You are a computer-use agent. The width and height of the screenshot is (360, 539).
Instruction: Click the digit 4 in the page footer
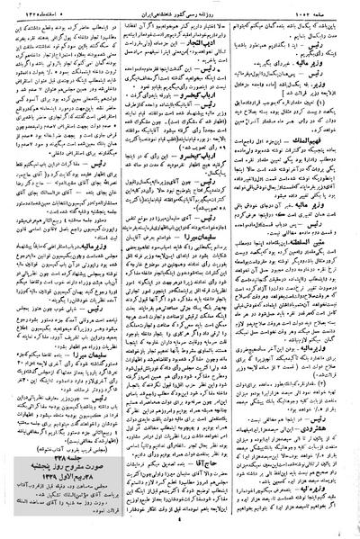pyautogui.click(x=180, y=530)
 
